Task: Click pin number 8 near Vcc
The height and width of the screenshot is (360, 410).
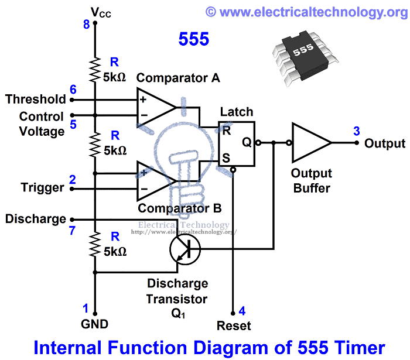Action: (87, 25)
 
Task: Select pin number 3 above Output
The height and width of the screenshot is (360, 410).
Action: (356, 131)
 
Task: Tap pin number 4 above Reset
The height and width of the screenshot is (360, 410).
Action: (242, 311)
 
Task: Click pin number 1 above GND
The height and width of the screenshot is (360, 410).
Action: (86, 308)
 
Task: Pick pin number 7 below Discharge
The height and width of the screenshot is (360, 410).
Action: (73, 231)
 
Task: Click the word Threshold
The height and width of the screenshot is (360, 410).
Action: (36, 99)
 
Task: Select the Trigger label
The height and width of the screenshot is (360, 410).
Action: (42, 188)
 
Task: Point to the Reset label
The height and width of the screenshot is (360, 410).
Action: (233, 325)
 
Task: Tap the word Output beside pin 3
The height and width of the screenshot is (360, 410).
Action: (384, 143)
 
